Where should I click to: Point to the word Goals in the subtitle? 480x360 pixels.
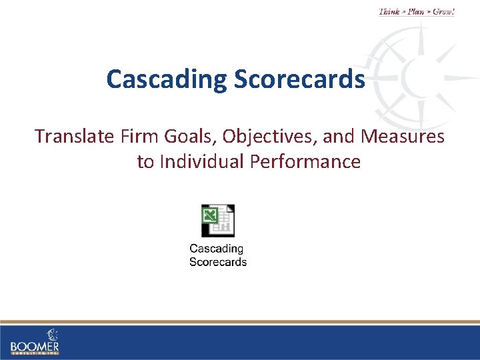[x=175, y=137]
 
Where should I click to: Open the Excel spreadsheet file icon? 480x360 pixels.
[x=218, y=221]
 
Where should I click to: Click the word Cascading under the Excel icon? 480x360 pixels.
[x=217, y=249]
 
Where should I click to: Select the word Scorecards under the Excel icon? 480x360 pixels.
[x=218, y=262]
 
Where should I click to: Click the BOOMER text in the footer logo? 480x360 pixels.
[x=35, y=346]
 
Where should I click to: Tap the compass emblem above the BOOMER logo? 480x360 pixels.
[x=52, y=333]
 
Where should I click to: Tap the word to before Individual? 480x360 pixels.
[x=145, y=162]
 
